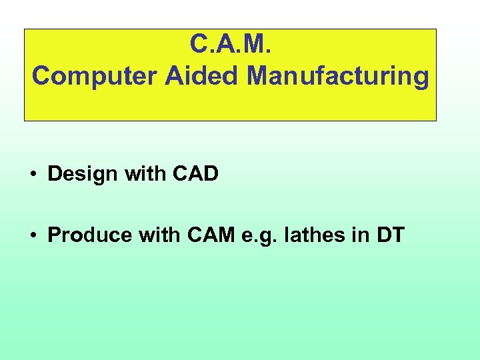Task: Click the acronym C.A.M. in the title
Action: [230, 44]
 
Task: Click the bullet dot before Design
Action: [33, 175]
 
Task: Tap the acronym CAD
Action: [195, 174]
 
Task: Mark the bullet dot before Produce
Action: [33, 236]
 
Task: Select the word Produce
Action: [86, 235]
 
